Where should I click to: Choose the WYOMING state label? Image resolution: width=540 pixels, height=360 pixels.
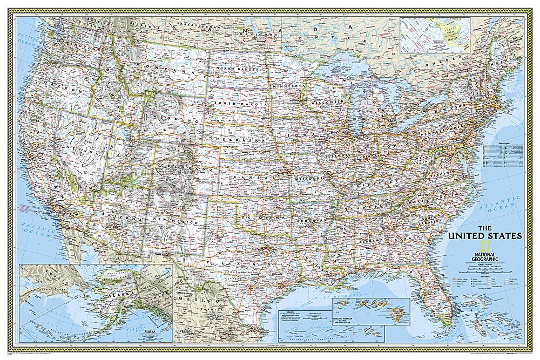162,117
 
